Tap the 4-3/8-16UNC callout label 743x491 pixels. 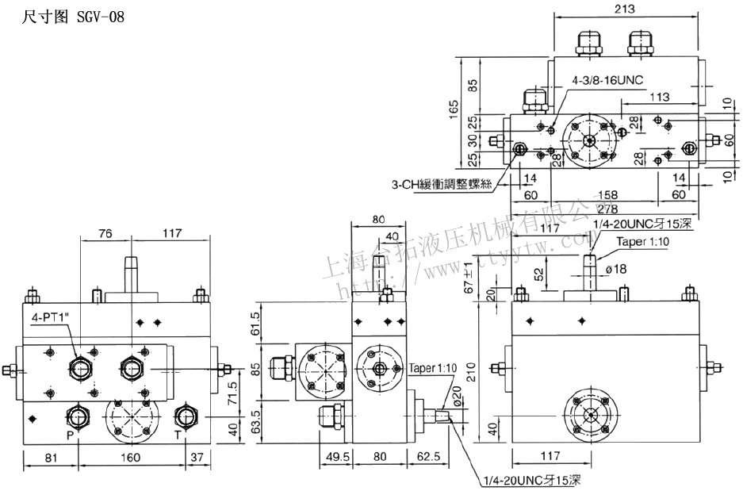tap(608, 81)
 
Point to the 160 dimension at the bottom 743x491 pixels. tap(131, 457)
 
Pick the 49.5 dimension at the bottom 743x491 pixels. tap(336, 457)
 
